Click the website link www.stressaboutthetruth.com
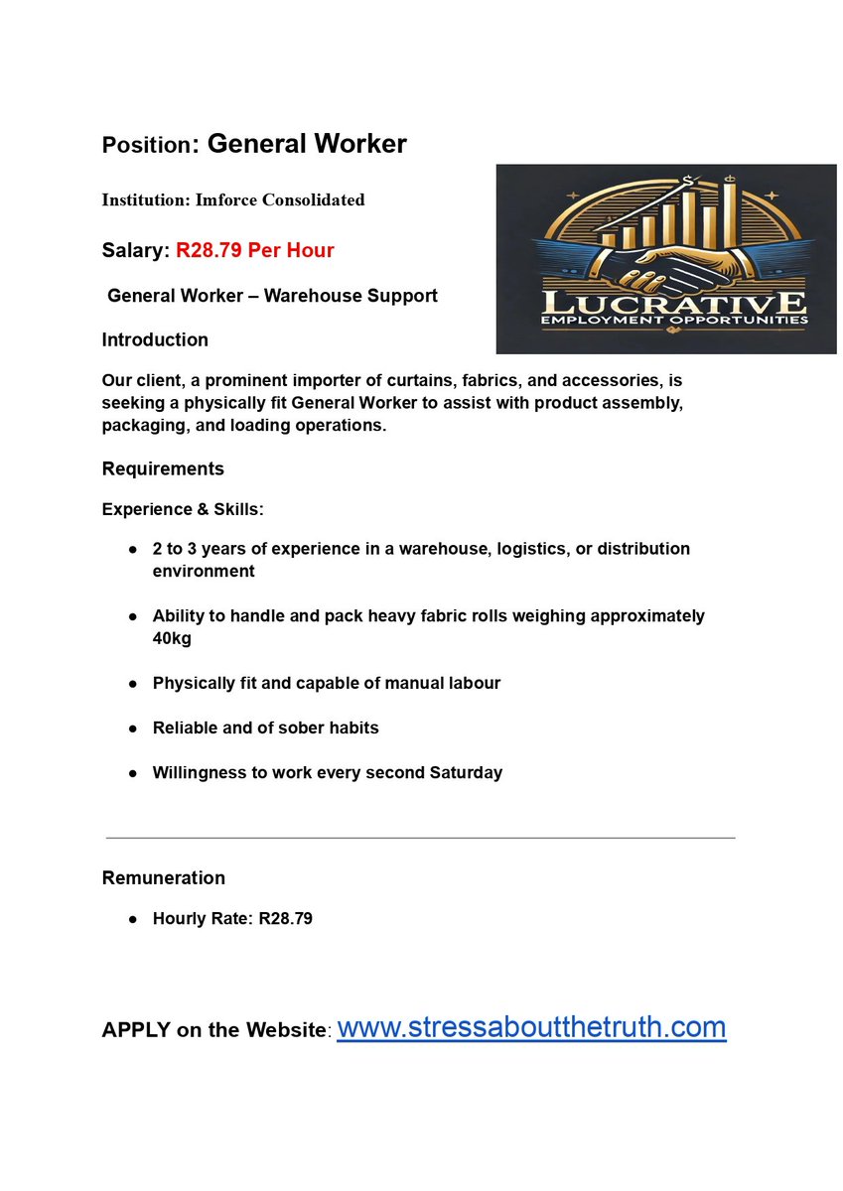point(531,1026)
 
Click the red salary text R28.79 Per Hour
point(255,250)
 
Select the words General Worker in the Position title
point(307,144)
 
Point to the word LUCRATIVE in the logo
point(666,302)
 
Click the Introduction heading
point(155,339)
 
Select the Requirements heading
point(163,468)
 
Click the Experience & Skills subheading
point(183,509)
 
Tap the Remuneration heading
point(163,877)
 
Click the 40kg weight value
point(172,638)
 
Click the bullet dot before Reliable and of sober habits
point(132,728)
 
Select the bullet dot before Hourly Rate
point(132,919)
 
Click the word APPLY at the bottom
point(136,1030)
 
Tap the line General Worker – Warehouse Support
point(272,296)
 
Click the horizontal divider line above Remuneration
point(420,838)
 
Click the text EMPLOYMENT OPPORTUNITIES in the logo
point(666,321)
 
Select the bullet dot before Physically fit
point(132,684)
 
